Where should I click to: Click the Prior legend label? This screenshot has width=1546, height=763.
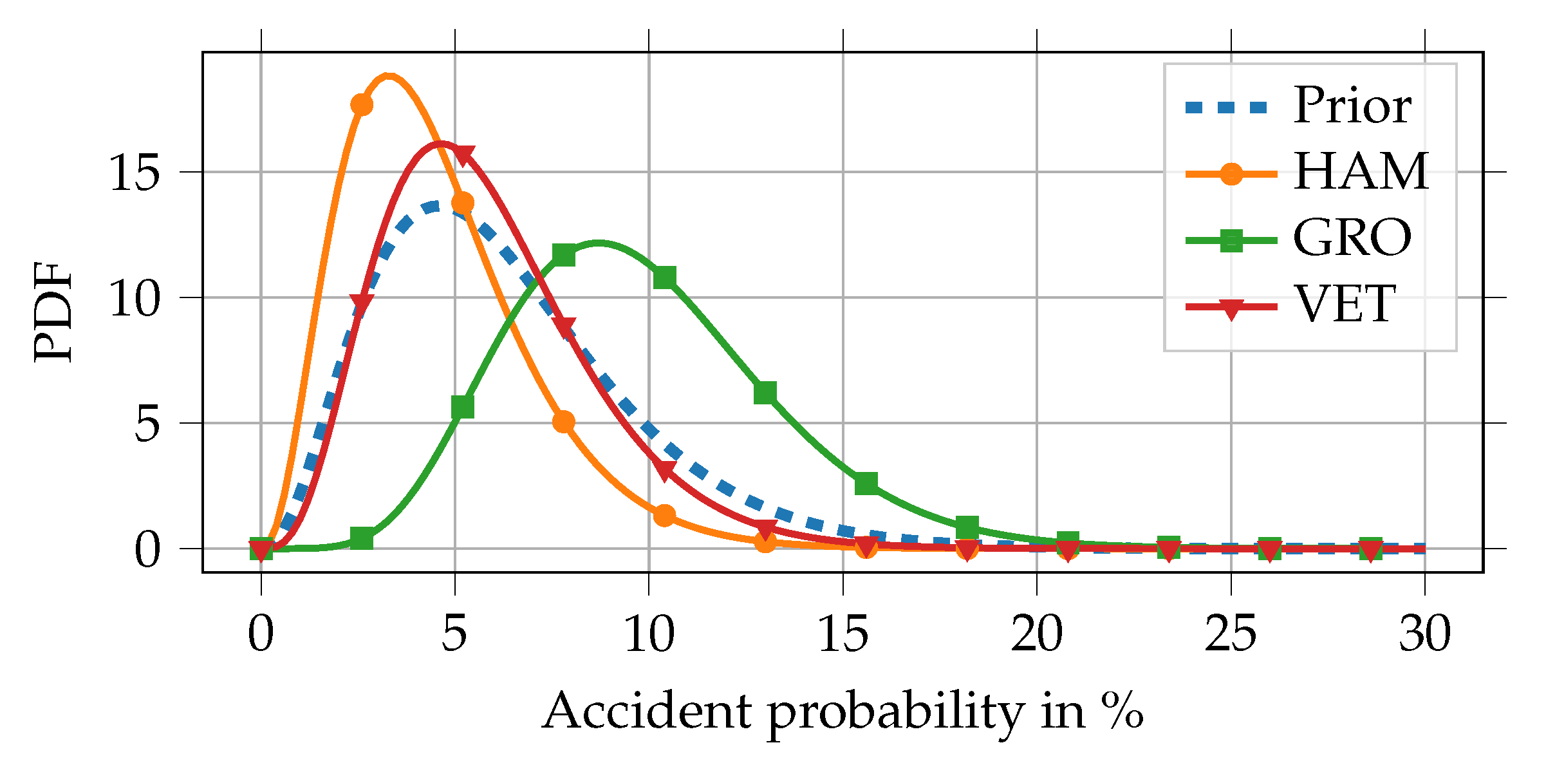click(x=1352, y=106)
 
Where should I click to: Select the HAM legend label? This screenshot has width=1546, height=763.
click(x=1361, y=173)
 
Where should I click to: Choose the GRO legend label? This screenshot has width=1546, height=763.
click(x=1352, y=238)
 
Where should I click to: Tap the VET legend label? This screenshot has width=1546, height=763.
click(x=1345, y=304)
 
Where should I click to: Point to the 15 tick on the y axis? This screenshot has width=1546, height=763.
click(x=134, y=173)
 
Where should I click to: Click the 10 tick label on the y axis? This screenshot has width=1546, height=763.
click(x=134, y=298)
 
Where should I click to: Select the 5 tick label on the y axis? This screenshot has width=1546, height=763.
click(x=147, y=424)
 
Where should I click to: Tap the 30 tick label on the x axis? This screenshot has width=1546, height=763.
click(x=1425, y=634)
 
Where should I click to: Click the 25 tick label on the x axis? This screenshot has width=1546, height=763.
click(x=1231, y=634)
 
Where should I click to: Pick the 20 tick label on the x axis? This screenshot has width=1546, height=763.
click(x=1036, y=634)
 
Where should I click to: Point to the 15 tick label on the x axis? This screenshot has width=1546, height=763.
click(x=843, y=634)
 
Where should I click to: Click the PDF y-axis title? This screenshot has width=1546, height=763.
click(x=54, y=312)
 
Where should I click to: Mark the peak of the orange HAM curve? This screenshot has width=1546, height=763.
click(x=388, y=76)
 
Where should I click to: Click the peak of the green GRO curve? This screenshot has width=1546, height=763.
click(x=599, y=243)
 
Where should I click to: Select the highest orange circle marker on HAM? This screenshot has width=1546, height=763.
click(x=362, y=105)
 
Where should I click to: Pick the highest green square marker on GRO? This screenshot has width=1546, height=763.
click(x=564, y=255)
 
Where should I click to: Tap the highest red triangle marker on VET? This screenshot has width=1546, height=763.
click(x=463, y=155)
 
